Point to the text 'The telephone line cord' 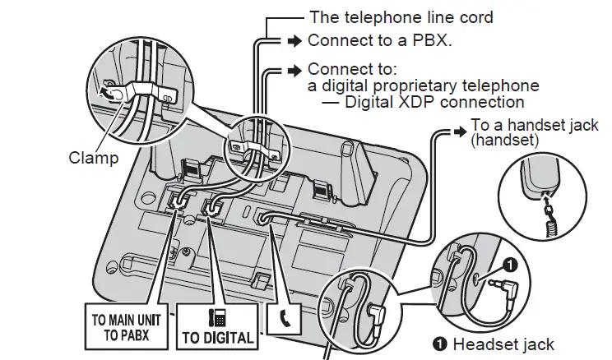401,16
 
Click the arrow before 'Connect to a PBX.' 293,40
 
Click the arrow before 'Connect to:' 293,70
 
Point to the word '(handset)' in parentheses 504,141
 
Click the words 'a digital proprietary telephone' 423,85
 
